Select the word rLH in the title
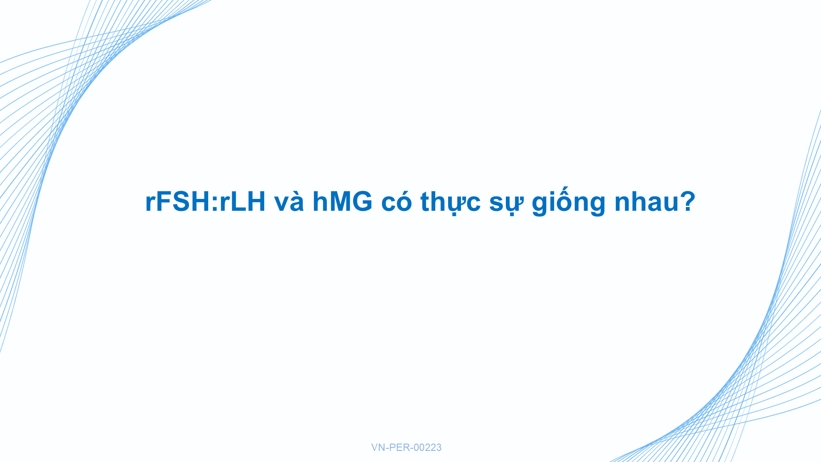[x=242, y=201]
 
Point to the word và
[x=289, y=201]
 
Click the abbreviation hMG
[x=343, y=201]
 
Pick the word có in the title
[x=396, y=201]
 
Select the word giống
[x=569, y=202]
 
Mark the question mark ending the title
[x=686, y=201]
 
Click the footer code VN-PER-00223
[x=406, y=447]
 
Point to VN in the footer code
[x=378, y=447]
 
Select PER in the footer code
[x=399, y=447]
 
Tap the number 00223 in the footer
[x=428, y=447]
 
